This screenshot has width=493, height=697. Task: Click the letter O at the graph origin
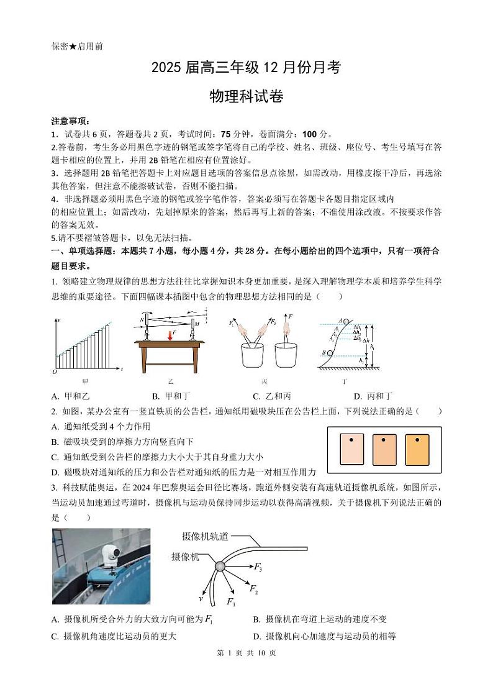(x=55, y=371)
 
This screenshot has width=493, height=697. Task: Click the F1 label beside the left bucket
(x=232, y=323)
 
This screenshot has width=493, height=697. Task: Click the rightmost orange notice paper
(x=417, y=449)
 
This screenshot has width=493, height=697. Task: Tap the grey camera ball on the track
(x=220, y=566)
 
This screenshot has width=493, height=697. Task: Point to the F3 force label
(x=258, y=567)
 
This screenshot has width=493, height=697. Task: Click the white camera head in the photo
(x=112, y=553)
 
